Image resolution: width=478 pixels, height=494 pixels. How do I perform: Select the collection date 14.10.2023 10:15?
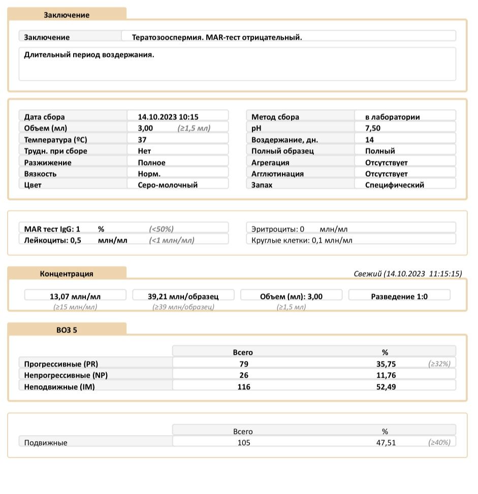[x=168, y=117]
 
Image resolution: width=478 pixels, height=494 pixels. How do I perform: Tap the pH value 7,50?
[x=372, y=128]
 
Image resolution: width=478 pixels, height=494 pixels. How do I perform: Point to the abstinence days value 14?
[x=369, y=140]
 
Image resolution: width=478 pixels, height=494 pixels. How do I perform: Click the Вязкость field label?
[x=40, y=174]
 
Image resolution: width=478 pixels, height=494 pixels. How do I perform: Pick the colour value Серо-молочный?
[x=168, y=185]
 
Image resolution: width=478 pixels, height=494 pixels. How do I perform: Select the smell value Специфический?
[x=394, y=185]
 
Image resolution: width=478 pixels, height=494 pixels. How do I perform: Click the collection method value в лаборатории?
[x=392, y=117]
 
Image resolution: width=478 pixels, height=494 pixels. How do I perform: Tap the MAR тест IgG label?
[x=52, y=229]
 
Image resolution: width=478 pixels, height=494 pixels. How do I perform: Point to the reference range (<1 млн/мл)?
[x=172, y=240]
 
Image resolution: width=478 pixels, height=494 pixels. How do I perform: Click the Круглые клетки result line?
[x=302, y=240]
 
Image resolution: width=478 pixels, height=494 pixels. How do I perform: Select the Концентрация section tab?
[x=67, y=274]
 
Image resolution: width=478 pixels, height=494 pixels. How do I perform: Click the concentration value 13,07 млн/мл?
[x=75, y=297]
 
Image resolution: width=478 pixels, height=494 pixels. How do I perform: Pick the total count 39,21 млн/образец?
[x=183, y=297]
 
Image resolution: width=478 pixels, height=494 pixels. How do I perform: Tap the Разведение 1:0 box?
[x=399, y=297]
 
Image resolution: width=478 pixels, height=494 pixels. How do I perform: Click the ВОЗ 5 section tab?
[x=67, y=330]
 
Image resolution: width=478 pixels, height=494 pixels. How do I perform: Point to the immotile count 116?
[x=244, y=386]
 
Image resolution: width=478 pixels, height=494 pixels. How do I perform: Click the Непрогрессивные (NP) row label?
[x=66, y=375]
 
